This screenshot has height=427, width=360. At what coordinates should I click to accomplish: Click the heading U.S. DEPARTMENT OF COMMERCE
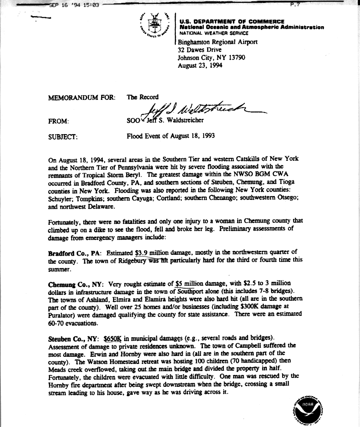click(232, 22)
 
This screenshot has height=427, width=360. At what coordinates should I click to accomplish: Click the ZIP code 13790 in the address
click(236, 58)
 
